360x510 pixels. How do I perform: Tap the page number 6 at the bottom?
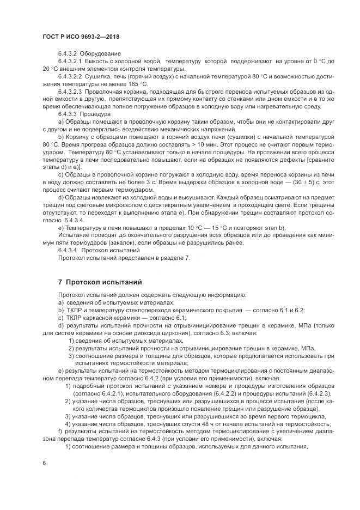(x=44, y=462)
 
